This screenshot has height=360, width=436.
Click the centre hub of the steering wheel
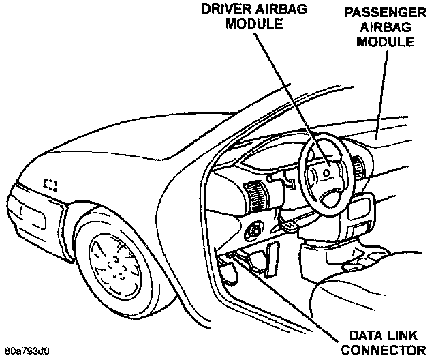click(328, 173)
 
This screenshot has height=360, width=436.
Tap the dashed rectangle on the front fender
click(50, 184)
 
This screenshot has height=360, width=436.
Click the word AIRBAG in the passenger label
click(392, 28)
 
